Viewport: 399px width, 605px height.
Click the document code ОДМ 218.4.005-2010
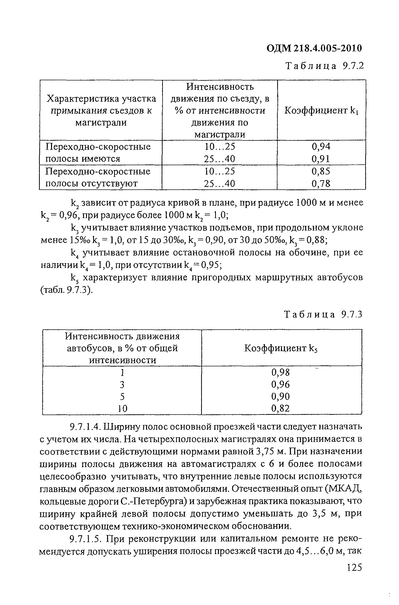coord(314,48)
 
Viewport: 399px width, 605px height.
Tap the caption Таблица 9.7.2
coord(325,66)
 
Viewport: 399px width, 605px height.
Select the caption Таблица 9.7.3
coord(323,315)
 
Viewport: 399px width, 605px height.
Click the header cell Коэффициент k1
coord(321,110)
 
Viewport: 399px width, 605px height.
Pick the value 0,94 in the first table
coord(321,146)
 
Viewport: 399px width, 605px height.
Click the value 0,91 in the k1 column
coord(321,159)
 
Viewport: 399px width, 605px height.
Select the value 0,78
coord(321,183)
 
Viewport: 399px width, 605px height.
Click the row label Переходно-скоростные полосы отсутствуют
coord(98,177)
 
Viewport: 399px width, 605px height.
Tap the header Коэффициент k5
coord(281,348)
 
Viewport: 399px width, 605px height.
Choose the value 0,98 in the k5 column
coord(280,372)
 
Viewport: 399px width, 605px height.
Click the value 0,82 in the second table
coord(280,409)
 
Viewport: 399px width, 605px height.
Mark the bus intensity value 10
coord(122,409)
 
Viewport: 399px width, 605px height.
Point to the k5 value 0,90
coord(280,397)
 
